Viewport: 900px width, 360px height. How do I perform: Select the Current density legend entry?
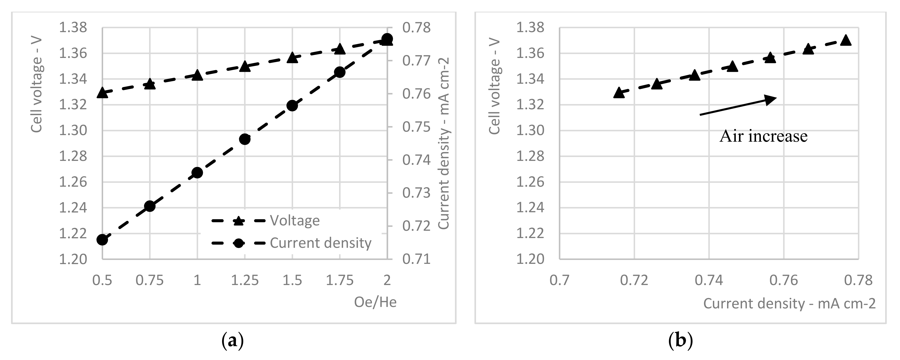click(x=320, y=243)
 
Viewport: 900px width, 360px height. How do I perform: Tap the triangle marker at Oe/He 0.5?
click(x=102, y=93)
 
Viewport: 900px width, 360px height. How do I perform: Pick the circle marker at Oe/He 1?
click(x=198, y=173)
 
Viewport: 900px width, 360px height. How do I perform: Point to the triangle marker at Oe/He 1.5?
click(x=292, y=58)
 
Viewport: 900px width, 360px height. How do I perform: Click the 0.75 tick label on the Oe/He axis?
click(x=150, y=280)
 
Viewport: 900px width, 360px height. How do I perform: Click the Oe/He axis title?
click(x=375, y=302)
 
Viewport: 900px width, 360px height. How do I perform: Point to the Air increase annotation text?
click(x=763, y=136)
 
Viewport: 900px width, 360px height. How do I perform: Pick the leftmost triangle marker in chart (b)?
click(x=619, y=93)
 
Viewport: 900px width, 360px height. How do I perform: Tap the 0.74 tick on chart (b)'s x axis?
click(x=709, y=280)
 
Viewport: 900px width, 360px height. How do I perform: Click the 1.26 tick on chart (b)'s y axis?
click(x=530, y=182)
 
